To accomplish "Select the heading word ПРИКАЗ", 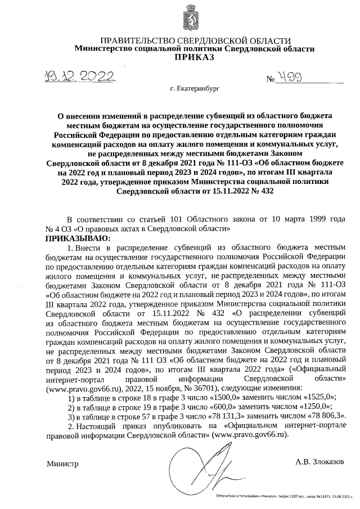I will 194,58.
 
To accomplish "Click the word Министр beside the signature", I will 63,464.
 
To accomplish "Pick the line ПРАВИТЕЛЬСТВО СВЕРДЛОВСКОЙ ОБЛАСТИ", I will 195,41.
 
